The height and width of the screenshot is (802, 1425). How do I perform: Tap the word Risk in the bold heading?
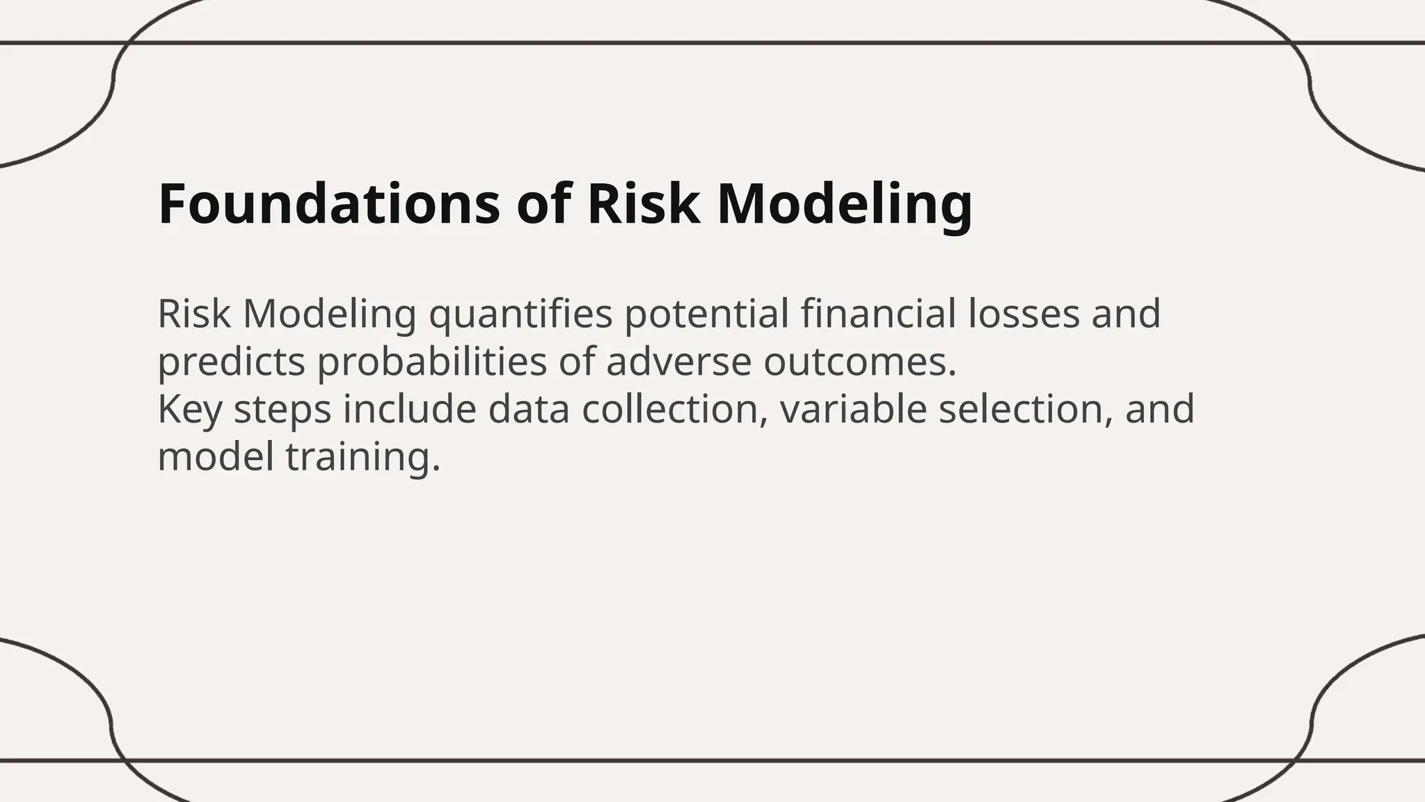644,204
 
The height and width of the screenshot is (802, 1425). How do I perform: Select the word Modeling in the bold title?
844,204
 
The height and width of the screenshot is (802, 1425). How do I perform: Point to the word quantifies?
520,314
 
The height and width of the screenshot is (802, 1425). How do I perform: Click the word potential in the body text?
706,314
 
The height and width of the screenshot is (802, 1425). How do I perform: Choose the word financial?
878,314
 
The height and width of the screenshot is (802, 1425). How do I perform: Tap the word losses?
1024,314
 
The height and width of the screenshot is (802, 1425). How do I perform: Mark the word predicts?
231,362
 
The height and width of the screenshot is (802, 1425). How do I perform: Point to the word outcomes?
860,362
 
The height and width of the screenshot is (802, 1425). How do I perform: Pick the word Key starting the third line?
189,409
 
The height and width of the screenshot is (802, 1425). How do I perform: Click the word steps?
282,409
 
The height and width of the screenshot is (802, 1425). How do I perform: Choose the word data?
529,409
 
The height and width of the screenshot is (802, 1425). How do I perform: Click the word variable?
853,409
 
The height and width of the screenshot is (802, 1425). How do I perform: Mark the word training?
363,457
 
